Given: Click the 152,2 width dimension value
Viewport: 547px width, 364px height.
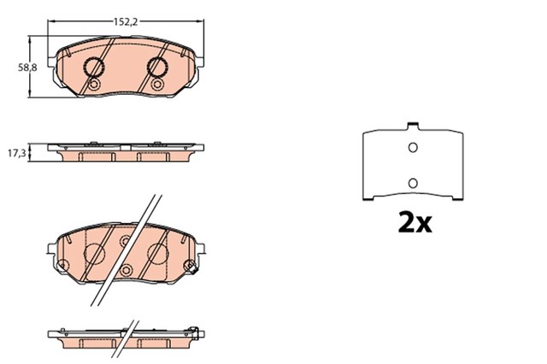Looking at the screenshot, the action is pyautogui.click(x=126, y=22).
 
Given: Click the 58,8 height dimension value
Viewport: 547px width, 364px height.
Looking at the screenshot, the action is pyautogui.click(x=27, y=68).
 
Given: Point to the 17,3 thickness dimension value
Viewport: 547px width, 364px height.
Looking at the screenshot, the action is pyautogui.click(x=17, y=153).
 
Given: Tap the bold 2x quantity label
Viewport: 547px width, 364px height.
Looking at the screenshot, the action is pyautogui.click(x=415, y=222).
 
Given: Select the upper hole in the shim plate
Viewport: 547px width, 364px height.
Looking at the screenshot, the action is pyautogui.click(x=413, y=148).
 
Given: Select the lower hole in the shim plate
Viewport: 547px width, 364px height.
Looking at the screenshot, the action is pyautogui.click(x=413, y=183).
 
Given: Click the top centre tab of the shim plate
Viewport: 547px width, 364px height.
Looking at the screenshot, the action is pyautogui.click(x=413, y=125).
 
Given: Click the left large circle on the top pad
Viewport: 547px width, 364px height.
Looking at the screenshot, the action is pyautogui.click(x=94, y=67).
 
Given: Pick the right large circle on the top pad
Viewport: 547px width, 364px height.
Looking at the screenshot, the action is pyautogui.click(x=157, y=67).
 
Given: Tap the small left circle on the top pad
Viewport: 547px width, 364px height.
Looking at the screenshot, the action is pyautogui.click(x=93, y=85).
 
